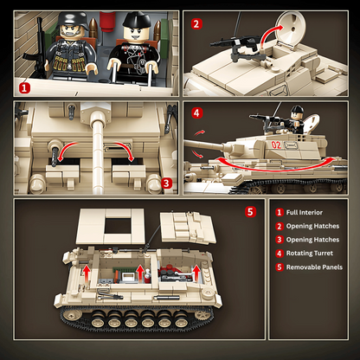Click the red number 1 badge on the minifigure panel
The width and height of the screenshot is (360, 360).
point(23,87)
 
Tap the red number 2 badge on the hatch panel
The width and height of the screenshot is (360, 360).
point(196,24)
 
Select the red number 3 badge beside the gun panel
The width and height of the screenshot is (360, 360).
point(167,183)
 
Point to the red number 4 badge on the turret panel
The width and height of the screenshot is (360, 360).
point(196,112)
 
